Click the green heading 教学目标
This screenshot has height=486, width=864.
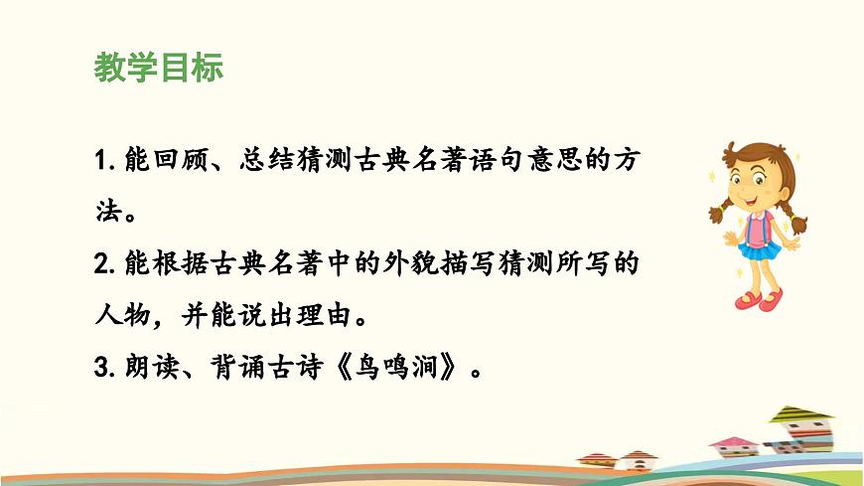(x=159, y=68)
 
